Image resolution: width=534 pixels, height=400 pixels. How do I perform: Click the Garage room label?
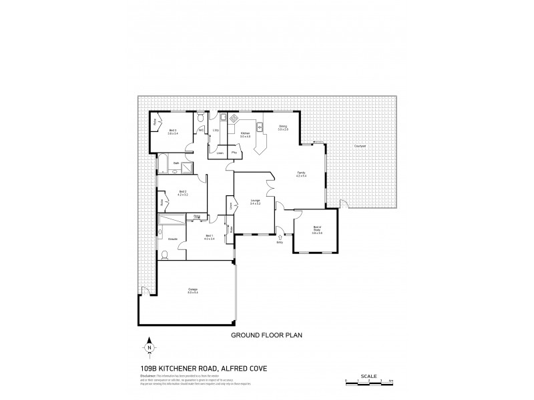(x=192, y=290)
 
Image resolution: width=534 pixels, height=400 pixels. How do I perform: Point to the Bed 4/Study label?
(x=318, y=231)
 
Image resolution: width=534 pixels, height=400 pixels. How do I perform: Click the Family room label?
(x=301, y=175)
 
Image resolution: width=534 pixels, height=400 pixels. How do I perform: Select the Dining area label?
(x=282, y=127)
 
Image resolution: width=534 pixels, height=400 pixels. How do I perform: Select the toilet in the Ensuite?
(x=164, y=253)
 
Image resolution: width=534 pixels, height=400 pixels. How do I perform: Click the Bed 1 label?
(x=210, y=237)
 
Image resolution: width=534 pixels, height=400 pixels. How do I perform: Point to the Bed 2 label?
(x=183, y=193)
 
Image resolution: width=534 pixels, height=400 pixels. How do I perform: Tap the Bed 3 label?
(x=173, y=131)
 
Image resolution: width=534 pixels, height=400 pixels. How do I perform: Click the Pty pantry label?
(x=234, y=153)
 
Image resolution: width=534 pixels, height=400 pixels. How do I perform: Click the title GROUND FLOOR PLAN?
(x=267, y=335)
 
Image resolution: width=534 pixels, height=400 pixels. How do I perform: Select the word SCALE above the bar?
(x=370, y=375)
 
